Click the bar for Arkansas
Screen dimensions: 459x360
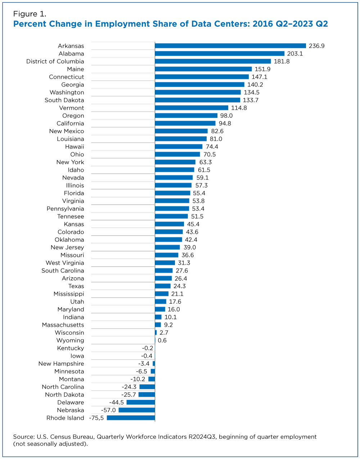pos(230,46)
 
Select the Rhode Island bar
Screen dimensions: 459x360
pos(131,418)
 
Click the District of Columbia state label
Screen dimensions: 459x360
pos(55,61)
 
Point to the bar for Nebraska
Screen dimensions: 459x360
pos(137,410)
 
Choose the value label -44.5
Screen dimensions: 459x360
pos(116,402)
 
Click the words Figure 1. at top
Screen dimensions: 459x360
pos(30,14)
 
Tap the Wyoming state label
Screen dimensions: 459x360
pos(70,340)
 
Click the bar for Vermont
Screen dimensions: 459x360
pos(192,108)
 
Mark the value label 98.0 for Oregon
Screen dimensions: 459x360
pos(226,116)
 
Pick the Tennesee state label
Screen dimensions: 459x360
pos(71,217)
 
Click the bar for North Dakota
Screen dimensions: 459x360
pos(147,395)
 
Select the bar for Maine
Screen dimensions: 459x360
pos(203,69)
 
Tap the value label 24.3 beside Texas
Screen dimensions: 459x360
pos(180,286)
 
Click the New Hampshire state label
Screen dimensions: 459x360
pos(61,364)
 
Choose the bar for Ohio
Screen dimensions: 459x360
pos(177,154)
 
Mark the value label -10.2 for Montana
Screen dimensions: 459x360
pos(138,379)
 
